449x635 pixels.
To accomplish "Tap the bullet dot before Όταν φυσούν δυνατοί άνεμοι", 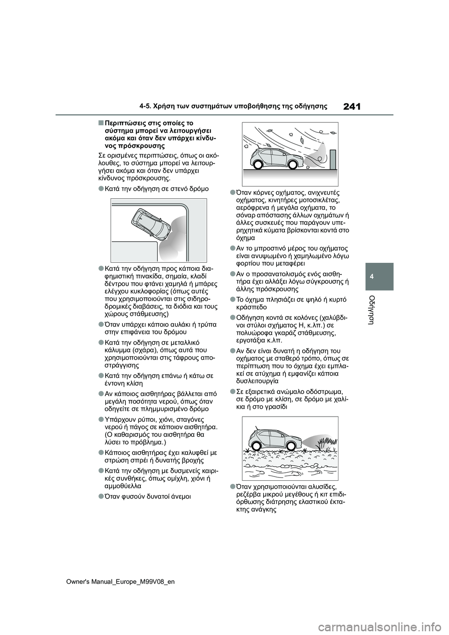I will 101,496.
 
